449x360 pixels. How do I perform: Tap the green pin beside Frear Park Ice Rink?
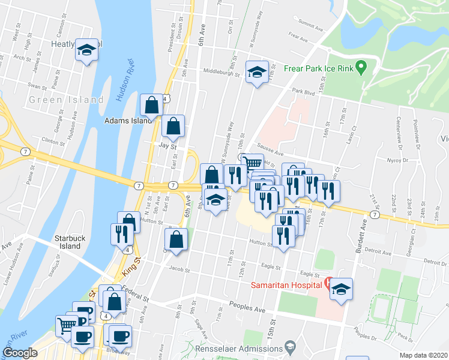[361, 67]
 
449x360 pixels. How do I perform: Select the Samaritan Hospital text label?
[286, 283]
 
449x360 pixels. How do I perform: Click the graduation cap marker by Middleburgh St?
[257, 73]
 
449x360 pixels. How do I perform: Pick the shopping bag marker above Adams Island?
[152, 105]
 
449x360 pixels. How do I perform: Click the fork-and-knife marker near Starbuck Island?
[120, 233]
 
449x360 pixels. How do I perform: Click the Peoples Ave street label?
[252, 308]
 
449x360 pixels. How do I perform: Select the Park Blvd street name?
[304, 92]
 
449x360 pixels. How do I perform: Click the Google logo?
[20, 353]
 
